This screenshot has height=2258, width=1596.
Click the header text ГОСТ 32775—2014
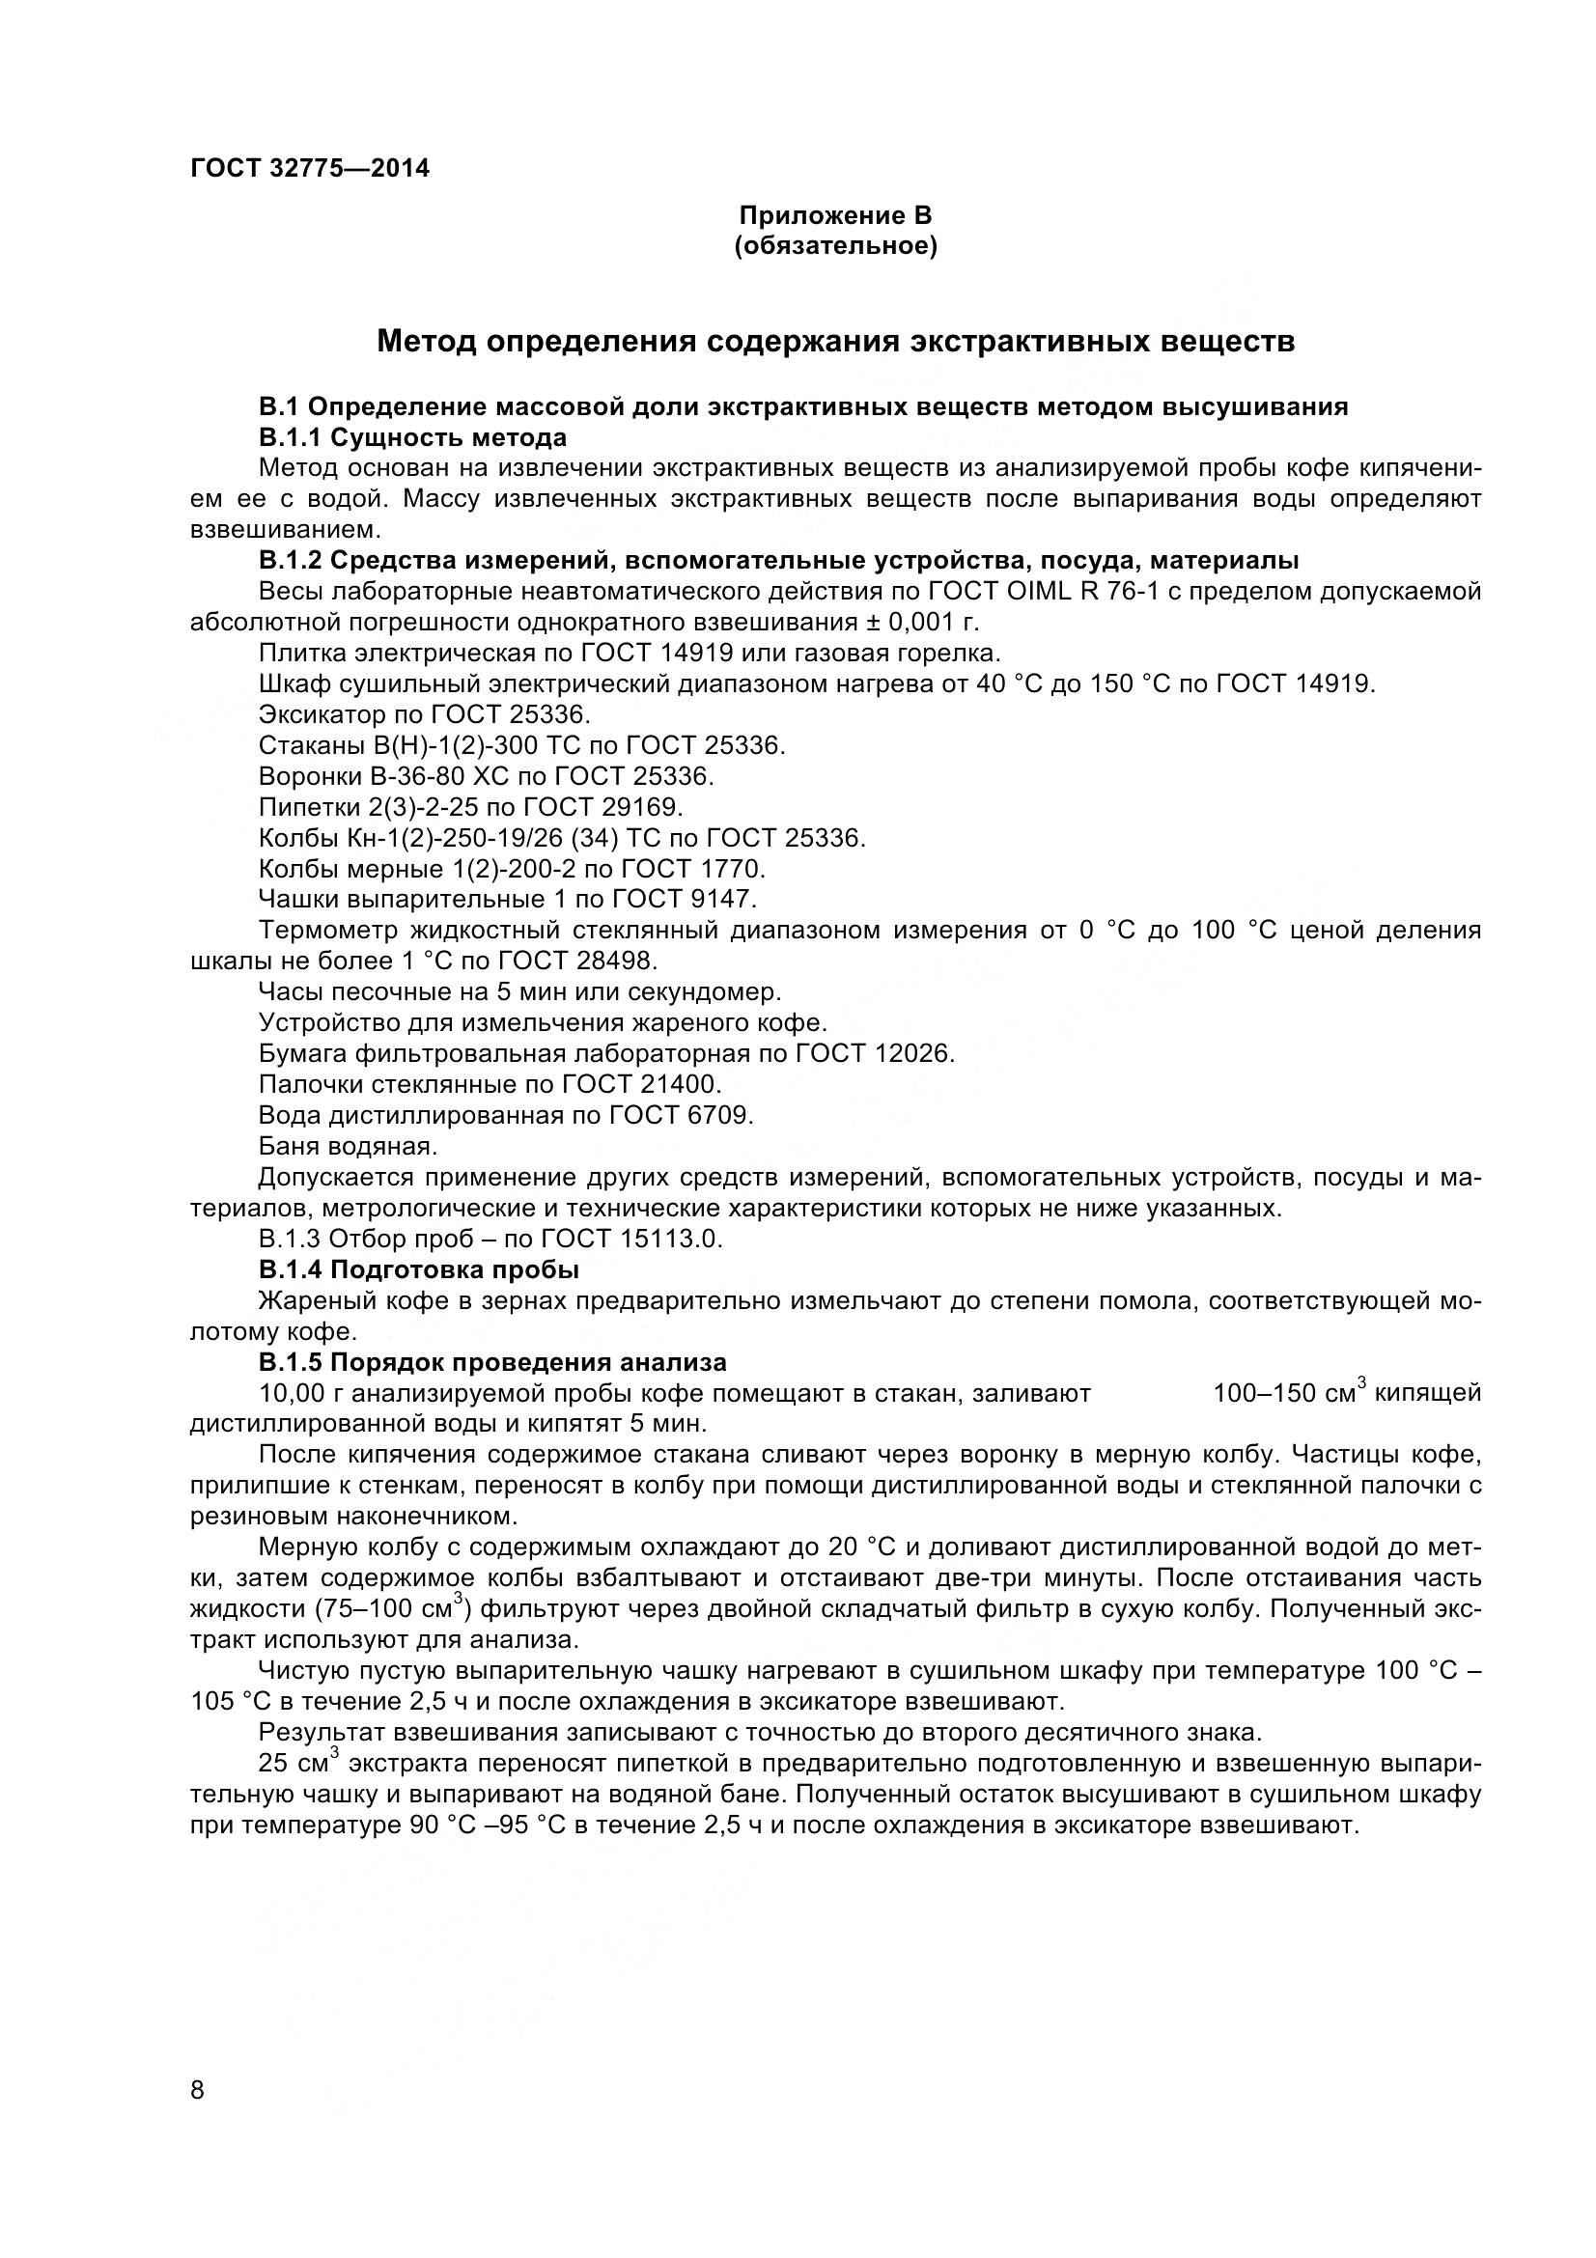point(309,169)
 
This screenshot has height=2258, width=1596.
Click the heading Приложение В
point(835,215)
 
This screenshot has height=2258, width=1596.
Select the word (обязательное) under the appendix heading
point(836,246)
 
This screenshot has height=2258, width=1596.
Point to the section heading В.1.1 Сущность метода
point(413,437)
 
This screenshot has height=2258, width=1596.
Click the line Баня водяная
point(348,1147)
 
